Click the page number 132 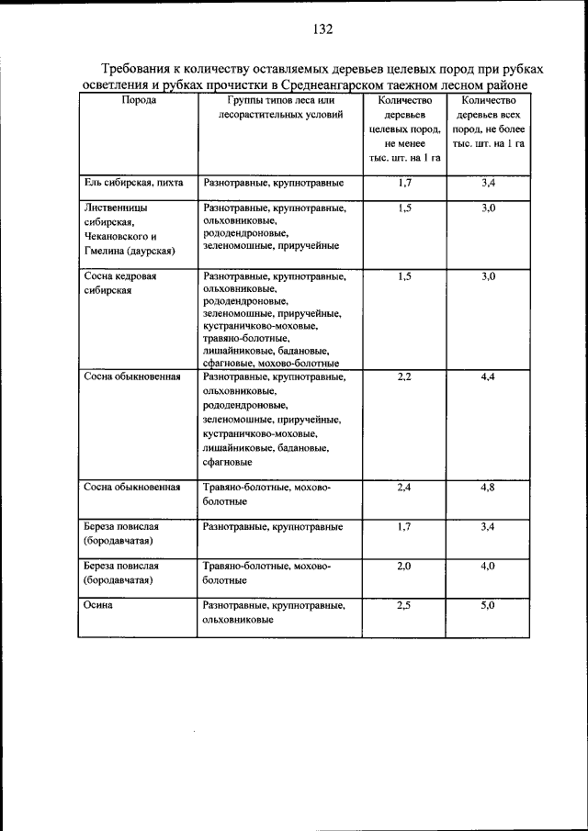click(x=322, y=28)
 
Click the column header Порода click(x=139, y=100)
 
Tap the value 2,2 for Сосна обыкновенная click(x=404, y=377)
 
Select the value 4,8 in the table click(x=488, y=487)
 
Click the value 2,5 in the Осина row click(x=404, y=606)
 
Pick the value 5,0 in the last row click(x=488, y=606)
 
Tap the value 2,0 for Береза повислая click(x=404, y=567)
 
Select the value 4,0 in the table click(x=488, y=567)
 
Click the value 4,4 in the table click(x=488, y=377)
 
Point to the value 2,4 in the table click(x=404, y=487)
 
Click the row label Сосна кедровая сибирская click(x=121, y=282)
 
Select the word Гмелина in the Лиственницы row click(x=103, y=250)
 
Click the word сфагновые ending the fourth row click(x=226, y=462)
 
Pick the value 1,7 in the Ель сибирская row click(x=404, y=184)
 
